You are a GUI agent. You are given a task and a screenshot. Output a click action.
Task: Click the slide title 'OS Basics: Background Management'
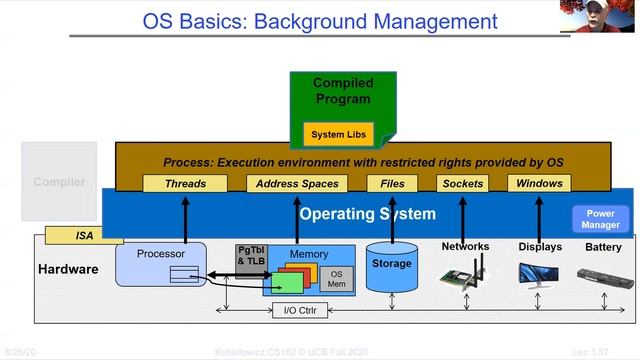click(319, 20)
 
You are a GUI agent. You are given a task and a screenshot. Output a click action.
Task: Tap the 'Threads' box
click(185, 183)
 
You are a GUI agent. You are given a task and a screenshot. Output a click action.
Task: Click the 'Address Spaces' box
click(297, 183)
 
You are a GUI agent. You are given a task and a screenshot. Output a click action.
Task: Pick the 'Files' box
click(392, 183)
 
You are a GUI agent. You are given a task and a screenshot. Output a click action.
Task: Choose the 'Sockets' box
click(462, 183)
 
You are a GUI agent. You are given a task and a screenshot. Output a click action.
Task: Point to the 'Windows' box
click(539, 183)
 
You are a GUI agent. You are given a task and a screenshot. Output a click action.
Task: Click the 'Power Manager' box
click(601, 219)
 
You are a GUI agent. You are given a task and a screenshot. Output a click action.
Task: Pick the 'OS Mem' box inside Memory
click(336, 279)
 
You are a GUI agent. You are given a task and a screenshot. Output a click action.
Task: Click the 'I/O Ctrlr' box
click(297, 310)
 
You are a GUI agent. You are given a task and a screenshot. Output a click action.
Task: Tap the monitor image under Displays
click(538, 273)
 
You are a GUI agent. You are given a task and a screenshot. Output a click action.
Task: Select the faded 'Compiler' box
click(59, 182)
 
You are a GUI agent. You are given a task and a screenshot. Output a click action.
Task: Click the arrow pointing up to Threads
click(185, 216)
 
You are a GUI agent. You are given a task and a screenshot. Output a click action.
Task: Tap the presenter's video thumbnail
click(601, 16)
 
